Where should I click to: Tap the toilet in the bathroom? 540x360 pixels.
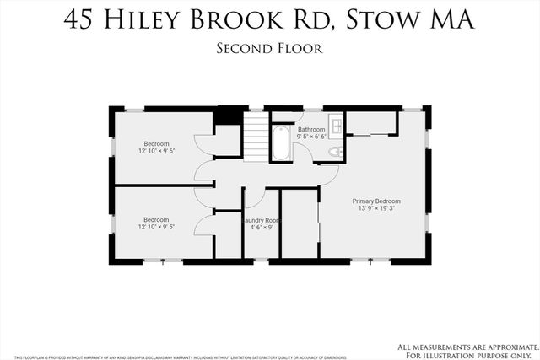[x=334, y=152]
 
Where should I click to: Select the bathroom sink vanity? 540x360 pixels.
[x=336, y=126]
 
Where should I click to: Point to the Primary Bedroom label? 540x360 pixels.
[x=376, y=201]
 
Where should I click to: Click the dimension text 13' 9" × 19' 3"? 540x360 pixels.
[x=376, y=209]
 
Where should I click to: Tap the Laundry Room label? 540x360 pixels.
[x=261, y=220]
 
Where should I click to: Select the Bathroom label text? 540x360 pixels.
[x=311, y=129]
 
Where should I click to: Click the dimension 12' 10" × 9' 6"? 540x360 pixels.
[x=156, y=151]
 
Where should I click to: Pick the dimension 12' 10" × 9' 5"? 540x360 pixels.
[x=156, y=227]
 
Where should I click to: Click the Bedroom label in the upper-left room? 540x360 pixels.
[x=156, y=143]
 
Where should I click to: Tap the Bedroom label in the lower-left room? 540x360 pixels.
[x=156, y=219]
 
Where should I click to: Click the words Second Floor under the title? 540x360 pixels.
[x=269, y=49]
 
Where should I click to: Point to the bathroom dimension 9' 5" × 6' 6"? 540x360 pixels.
[x=311, y=137]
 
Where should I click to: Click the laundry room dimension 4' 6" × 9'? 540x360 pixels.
[x=261, y=228]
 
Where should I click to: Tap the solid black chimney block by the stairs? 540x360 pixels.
[x=226, y=117]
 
